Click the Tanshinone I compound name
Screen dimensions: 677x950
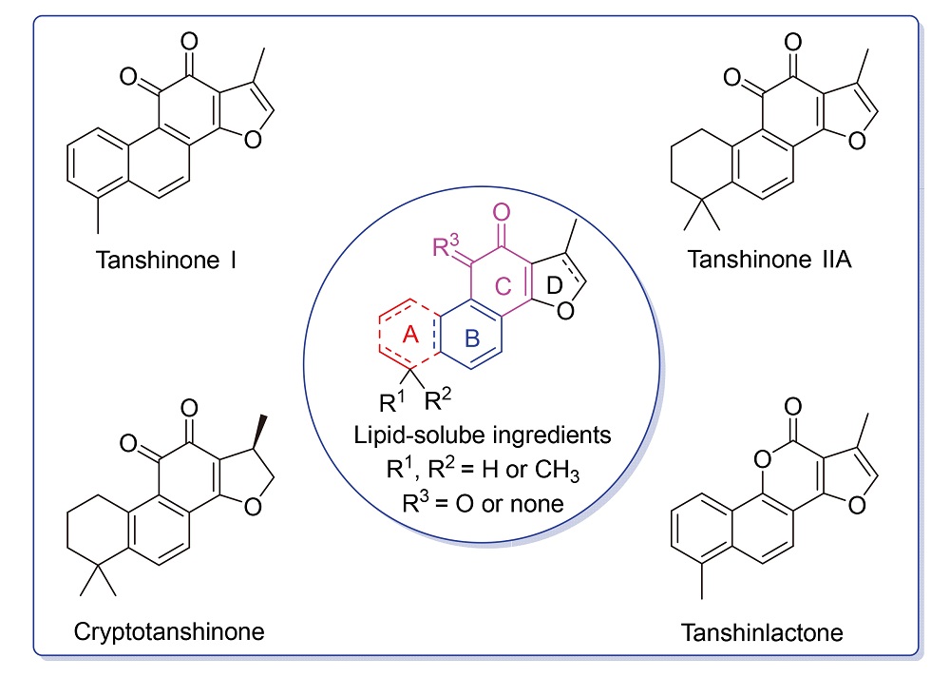pos(165,259)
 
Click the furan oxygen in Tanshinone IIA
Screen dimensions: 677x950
pos(857,142)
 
